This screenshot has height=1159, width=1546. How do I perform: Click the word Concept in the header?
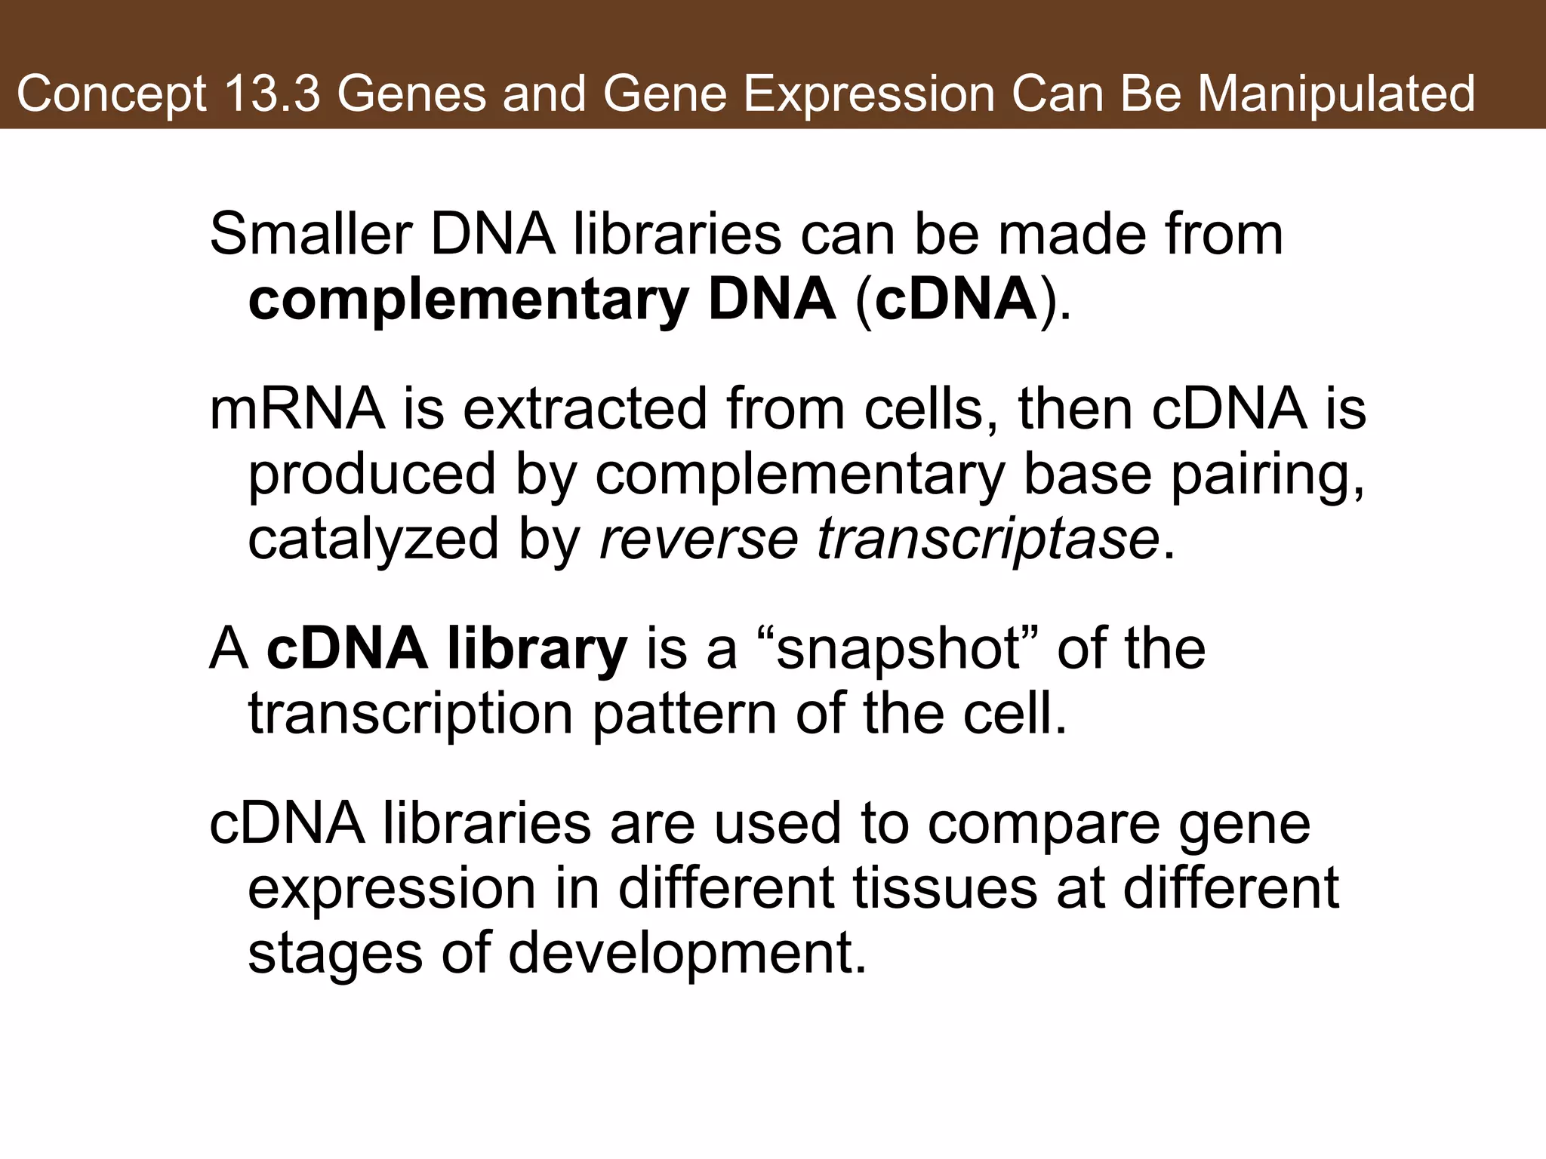coord(111,94)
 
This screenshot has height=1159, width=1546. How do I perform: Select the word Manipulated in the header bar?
coord(1336,94)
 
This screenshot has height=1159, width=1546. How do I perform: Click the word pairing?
coord(1268,475)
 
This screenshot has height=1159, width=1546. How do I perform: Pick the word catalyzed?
coord(373,540)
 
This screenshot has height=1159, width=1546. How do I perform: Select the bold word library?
coord(537,650)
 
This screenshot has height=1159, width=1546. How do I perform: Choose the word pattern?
coord(685,715)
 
